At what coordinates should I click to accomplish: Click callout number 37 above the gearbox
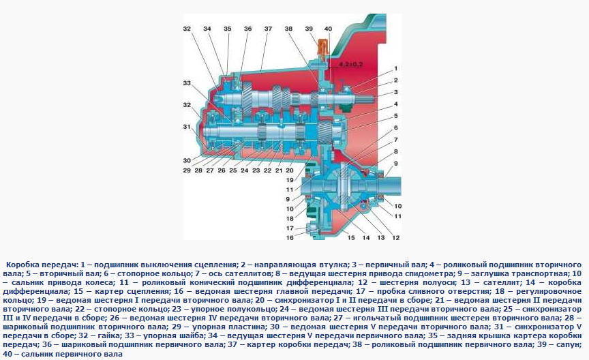[268, 29]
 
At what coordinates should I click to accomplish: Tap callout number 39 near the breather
[309, 29]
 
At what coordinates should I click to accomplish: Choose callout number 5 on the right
[395, 115]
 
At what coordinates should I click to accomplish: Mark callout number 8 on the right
[395, 151]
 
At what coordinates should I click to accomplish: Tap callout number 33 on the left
[187, 82]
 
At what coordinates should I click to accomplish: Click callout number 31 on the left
[187, 127]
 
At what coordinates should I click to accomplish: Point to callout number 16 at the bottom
[290, 237]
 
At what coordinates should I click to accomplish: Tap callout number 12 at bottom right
[395, 237]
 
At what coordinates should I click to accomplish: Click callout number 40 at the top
[328, 29]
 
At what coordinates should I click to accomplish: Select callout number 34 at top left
[207, 29]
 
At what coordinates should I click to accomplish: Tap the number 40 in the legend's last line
[7, 355]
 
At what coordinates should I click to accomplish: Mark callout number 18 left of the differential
[290, 217]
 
